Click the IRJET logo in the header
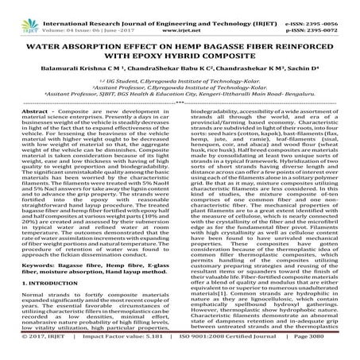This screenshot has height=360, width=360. coord(16,14)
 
